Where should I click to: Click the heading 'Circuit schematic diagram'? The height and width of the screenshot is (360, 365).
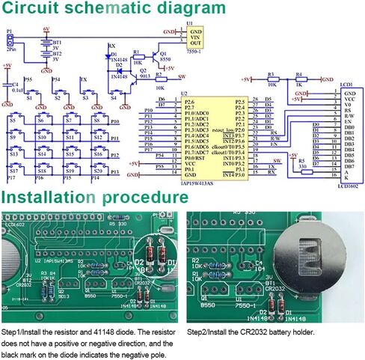click(112, 10)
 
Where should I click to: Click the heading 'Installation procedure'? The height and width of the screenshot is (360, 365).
click(95, 198)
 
